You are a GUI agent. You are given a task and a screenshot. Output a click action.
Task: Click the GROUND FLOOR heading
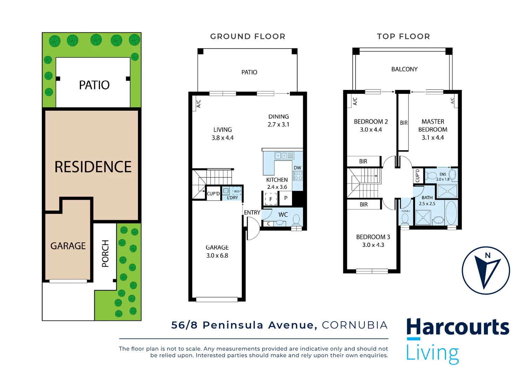[x=248, y=36]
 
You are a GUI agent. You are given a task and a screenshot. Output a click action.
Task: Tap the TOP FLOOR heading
[x=403, y=36]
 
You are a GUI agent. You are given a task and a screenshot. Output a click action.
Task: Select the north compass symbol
[x=486, y=270]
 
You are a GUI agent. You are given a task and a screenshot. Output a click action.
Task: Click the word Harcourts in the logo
[x=457, y=327]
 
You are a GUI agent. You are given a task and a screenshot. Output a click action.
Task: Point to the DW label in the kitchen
[x=297, y=168]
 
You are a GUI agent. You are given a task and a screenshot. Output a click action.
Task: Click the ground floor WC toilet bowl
[x=297, y=219]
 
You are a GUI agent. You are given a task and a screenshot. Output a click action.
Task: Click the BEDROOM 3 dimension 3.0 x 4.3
[x=373, y=245]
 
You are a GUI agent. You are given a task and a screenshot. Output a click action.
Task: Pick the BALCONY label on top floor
[x=404, y=69]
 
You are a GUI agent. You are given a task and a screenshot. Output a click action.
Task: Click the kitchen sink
[x=284, y=156]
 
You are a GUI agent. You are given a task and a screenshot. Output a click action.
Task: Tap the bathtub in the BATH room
[x=451, y=212]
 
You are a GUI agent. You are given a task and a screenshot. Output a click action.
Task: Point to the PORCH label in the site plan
[x=105, y=253]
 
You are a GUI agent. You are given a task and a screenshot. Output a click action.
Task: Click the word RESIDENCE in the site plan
[x=93, y=167]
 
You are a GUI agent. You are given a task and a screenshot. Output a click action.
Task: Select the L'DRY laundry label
[x=232, y=198]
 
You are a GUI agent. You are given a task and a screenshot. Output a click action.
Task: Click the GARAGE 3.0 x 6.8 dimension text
[x=217, y=256]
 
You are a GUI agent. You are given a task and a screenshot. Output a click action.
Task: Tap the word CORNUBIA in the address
[x=354, y=325]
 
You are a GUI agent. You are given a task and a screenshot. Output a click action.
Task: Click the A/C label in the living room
[x=199, y=103]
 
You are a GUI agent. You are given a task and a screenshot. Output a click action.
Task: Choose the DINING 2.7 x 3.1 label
[x=278, y=120]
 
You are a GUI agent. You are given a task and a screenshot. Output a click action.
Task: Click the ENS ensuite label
[x=443, y=174]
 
